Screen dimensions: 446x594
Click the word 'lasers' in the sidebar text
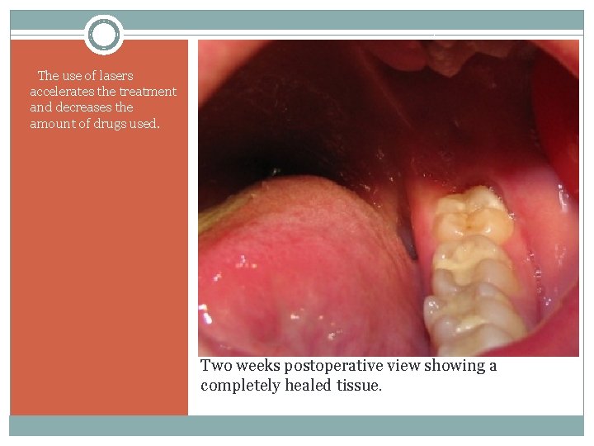point(115,76)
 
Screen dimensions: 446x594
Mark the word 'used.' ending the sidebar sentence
point(144,124)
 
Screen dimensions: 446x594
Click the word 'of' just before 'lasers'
point(90,76)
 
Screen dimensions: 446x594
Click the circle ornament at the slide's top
point(104,35)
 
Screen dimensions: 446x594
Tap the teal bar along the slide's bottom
point(297,425)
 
